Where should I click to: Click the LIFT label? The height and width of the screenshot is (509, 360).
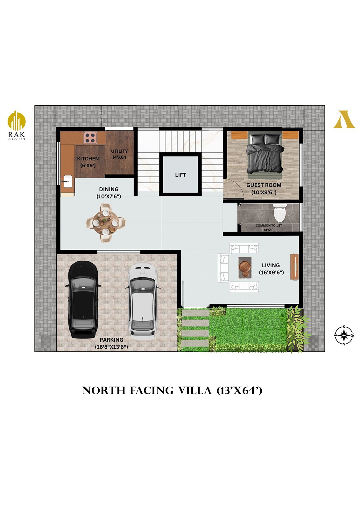point(180,175)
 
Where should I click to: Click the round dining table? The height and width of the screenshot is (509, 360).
point(106,223)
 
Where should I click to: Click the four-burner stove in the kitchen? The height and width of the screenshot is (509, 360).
point(90,138)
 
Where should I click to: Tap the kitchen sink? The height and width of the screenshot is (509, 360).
point(68,181)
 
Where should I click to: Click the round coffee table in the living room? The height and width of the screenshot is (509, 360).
point(245,268)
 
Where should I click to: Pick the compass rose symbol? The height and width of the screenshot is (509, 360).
point(344,335)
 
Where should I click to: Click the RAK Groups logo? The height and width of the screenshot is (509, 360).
point(16,125)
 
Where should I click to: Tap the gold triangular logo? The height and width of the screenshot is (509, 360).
point(344,119)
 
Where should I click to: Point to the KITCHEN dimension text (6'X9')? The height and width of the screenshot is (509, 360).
point(88,165)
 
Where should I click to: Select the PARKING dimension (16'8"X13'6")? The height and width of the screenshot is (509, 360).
point(111,347)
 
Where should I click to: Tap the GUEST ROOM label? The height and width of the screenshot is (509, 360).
point(264,185)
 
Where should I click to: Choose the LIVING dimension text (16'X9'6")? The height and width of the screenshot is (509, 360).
point(271,272)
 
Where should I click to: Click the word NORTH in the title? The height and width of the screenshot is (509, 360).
point(104,391)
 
